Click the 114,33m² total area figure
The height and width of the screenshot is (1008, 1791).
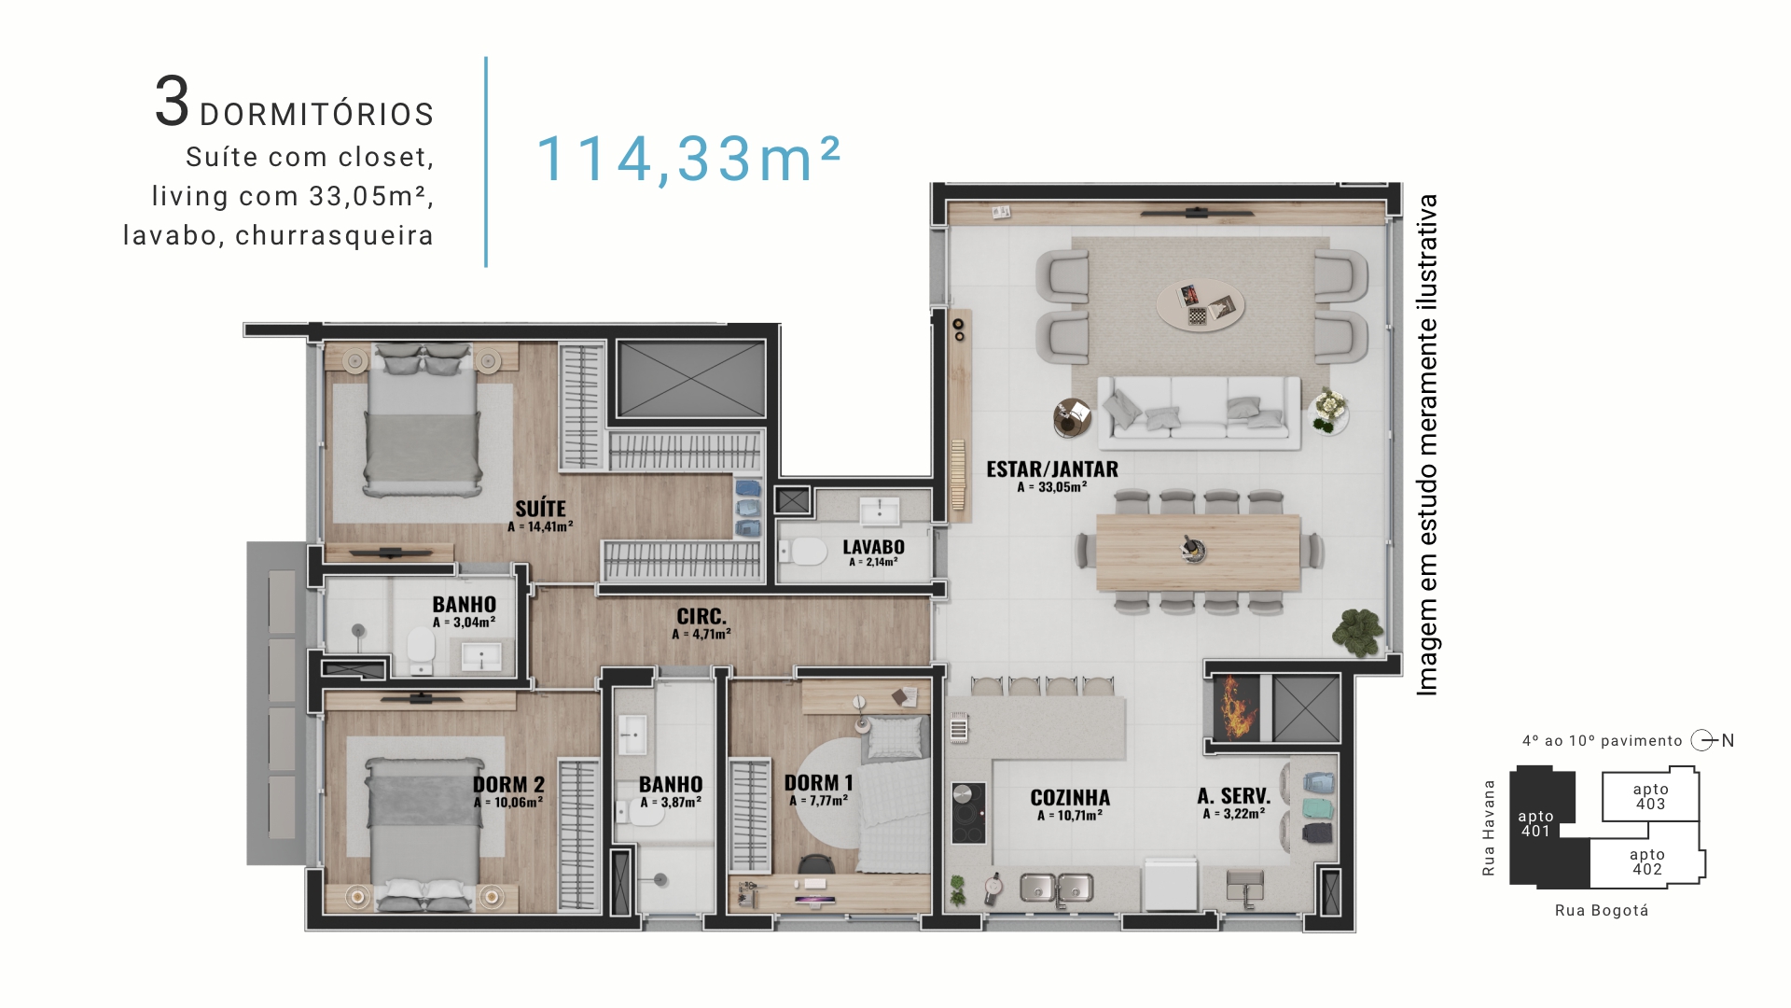[688, 159]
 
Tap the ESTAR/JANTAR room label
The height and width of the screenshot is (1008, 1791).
[1052, 469]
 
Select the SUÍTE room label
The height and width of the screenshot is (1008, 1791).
[541, 509]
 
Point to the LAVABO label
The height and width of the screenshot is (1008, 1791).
[873, 547]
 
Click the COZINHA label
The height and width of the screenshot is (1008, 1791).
[1070, 798]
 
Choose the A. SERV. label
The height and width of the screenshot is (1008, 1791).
[1234, 796]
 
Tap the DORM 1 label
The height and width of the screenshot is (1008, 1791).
[818, 783]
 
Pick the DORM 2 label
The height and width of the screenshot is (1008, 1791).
[508, 785]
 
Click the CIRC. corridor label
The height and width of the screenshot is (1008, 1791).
[701, 617]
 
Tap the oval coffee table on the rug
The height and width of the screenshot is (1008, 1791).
[1201, 304]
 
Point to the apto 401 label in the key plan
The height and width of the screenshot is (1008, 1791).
[1535, 823]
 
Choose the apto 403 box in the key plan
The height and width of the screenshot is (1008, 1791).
[1650, 795]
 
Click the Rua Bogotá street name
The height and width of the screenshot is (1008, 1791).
[1602, 910]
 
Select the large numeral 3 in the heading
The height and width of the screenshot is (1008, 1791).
[173, 102]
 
